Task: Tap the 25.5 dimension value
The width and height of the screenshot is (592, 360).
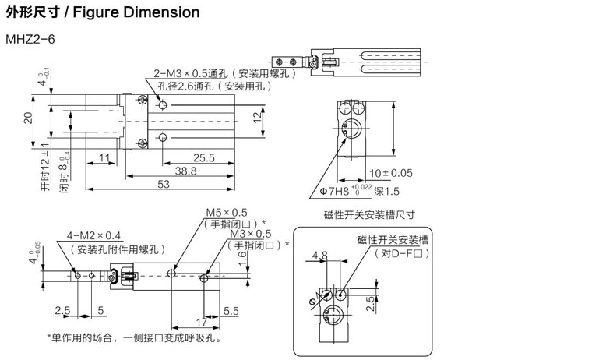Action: coord(204,157)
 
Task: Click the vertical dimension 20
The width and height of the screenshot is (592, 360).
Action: coord(28,117)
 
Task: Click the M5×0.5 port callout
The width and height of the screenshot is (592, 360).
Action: coord(226,212)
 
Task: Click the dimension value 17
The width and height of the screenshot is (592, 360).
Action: coord(201,320)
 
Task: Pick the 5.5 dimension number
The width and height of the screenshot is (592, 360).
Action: coord(231,310)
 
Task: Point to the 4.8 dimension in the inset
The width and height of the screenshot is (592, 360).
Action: coord(319,254)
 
